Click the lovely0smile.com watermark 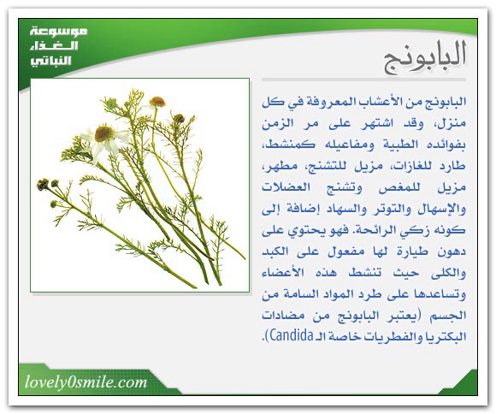(x=86, y=382)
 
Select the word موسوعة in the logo (x=59, y=32)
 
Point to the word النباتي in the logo (x=50, y=61)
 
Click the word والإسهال (x=442, y=209)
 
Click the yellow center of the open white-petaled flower (x=104, y=133)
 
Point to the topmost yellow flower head (x=156, y=102)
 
